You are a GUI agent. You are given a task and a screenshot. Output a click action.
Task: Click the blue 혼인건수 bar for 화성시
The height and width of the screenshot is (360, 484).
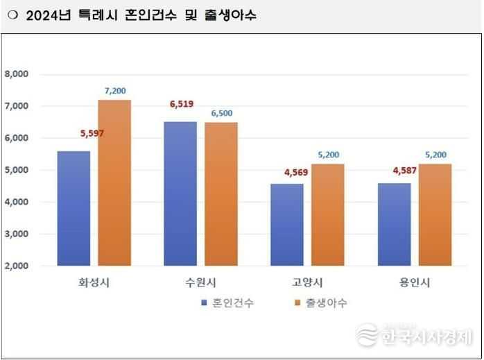74,208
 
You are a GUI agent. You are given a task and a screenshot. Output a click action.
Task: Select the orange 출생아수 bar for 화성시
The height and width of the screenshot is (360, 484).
114,183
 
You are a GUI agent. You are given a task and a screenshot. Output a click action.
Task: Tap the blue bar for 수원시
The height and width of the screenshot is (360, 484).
180,194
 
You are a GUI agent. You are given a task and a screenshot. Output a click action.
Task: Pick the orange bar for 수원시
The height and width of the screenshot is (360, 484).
221,194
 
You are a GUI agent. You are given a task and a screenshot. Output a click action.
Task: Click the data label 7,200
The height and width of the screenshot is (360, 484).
115,91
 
